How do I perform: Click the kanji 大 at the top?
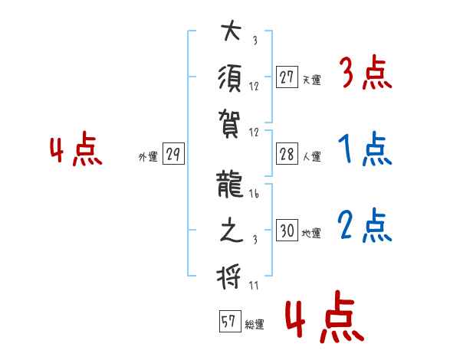tap(230, 33)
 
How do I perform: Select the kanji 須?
tap(230, 77)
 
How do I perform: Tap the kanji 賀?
tap(230, 120)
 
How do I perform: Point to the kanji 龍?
tap(230, 185)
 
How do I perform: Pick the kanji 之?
tap(230, 230)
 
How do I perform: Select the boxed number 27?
tap(287, 77)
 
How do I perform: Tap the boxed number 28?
tap(287, 154)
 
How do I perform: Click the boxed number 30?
tap(287, 231)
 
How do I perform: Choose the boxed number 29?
tap(172, 155)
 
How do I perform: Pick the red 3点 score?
tap(364, 74)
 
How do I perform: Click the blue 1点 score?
tap(364, 150)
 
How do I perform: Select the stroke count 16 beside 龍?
tap(254, 195)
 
